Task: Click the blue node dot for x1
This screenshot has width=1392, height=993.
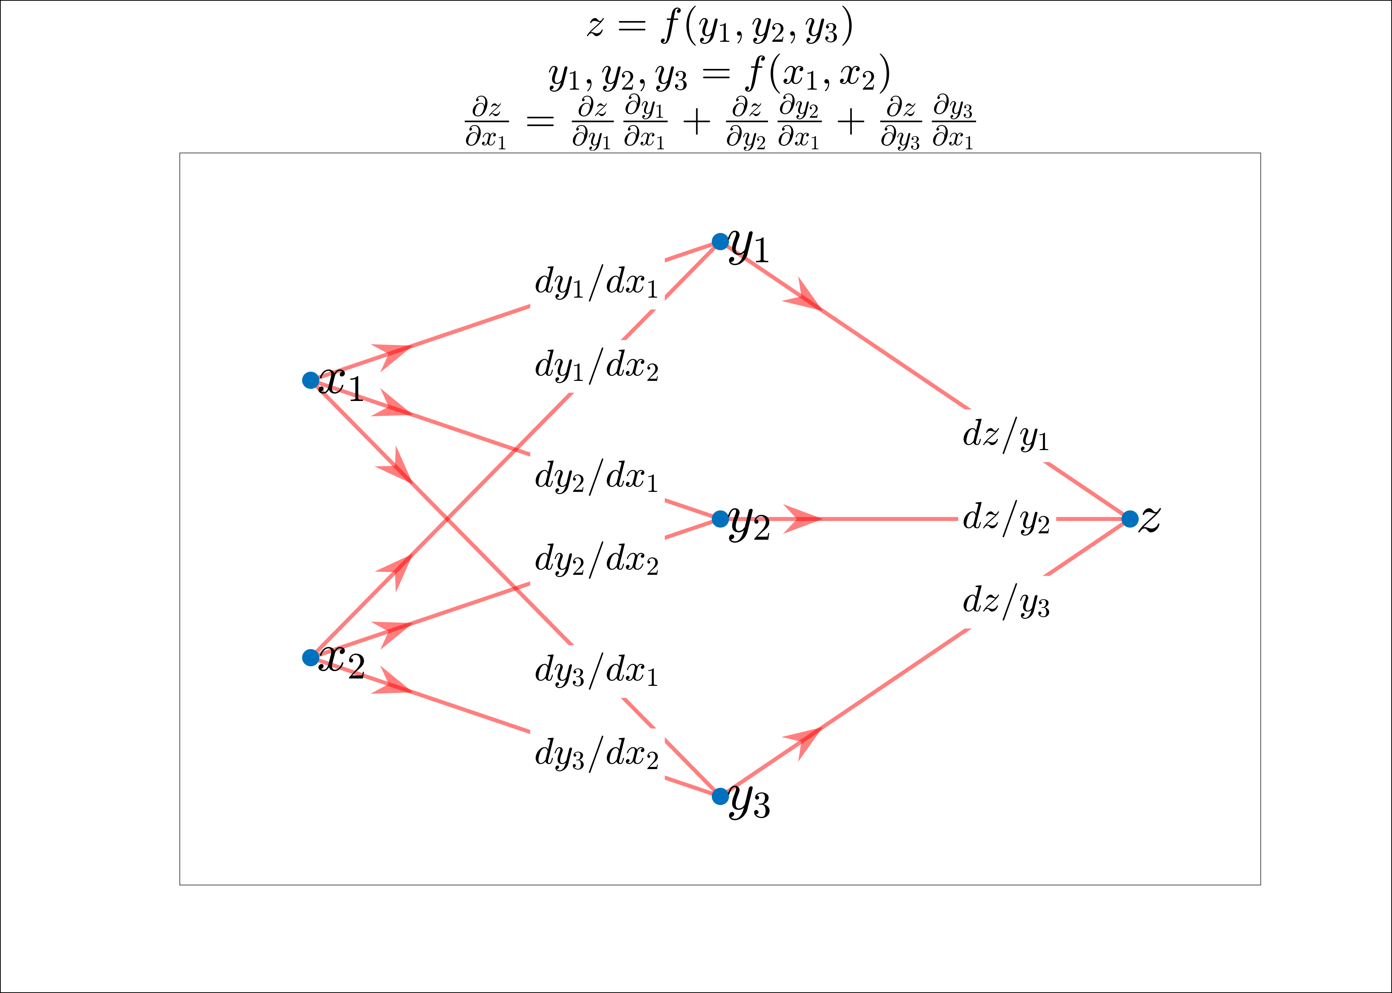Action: [x=311, y=380]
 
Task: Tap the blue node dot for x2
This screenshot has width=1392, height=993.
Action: [x=311, y=657]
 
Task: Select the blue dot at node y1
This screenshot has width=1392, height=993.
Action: [x=720, y=241]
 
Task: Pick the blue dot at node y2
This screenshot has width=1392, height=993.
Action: [x=720, y=519]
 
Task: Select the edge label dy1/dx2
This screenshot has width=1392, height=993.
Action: [x=596, y=367]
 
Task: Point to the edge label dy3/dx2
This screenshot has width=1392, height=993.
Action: [x=596, y=754]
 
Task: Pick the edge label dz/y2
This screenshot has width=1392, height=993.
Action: [x=1006, y=519]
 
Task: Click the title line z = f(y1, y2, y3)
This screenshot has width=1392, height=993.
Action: [x=719, y=27]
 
